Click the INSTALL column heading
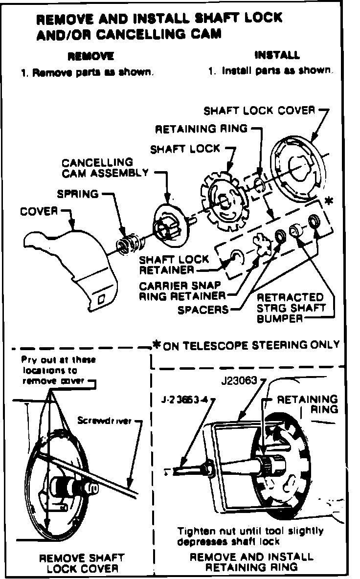(277, 55)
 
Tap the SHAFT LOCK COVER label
(259, 110)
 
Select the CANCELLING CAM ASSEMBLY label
(105, 167)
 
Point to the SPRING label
(77, 194)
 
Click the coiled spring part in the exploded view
(129, 242)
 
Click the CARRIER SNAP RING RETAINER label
(182, 290)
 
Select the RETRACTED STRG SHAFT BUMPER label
(290, 308)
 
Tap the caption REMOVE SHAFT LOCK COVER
(82, 563)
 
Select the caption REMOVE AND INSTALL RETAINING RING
(251, 562)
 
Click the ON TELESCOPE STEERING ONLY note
(251, 345)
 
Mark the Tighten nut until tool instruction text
(250, 536)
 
